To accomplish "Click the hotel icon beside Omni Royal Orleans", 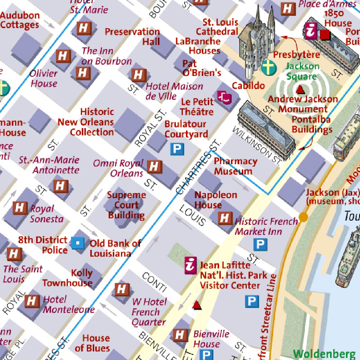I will coord(154,167).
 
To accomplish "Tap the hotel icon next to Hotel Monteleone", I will coord(32,301).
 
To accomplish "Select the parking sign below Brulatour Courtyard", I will coord(177,149).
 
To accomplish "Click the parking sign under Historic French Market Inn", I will coord(260,244).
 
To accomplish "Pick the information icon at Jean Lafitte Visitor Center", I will coord(190,265).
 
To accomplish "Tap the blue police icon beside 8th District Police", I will coord(77,243).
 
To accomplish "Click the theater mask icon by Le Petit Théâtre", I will coord(225,97).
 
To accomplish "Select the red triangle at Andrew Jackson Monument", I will coord(300,90).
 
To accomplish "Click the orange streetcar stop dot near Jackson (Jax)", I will coord(303,217).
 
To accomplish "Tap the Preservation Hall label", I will coord(133,37).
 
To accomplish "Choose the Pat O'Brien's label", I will coord(201,68).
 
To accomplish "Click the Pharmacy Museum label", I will coord(235,166).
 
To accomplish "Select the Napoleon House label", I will coord(216,200).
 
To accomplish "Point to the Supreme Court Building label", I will coord(126,205).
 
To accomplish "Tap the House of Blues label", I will coord(92,343).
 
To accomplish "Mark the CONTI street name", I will coord(154,282).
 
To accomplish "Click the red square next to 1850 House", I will coord(325,34).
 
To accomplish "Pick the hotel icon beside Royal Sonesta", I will coord(19,208).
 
